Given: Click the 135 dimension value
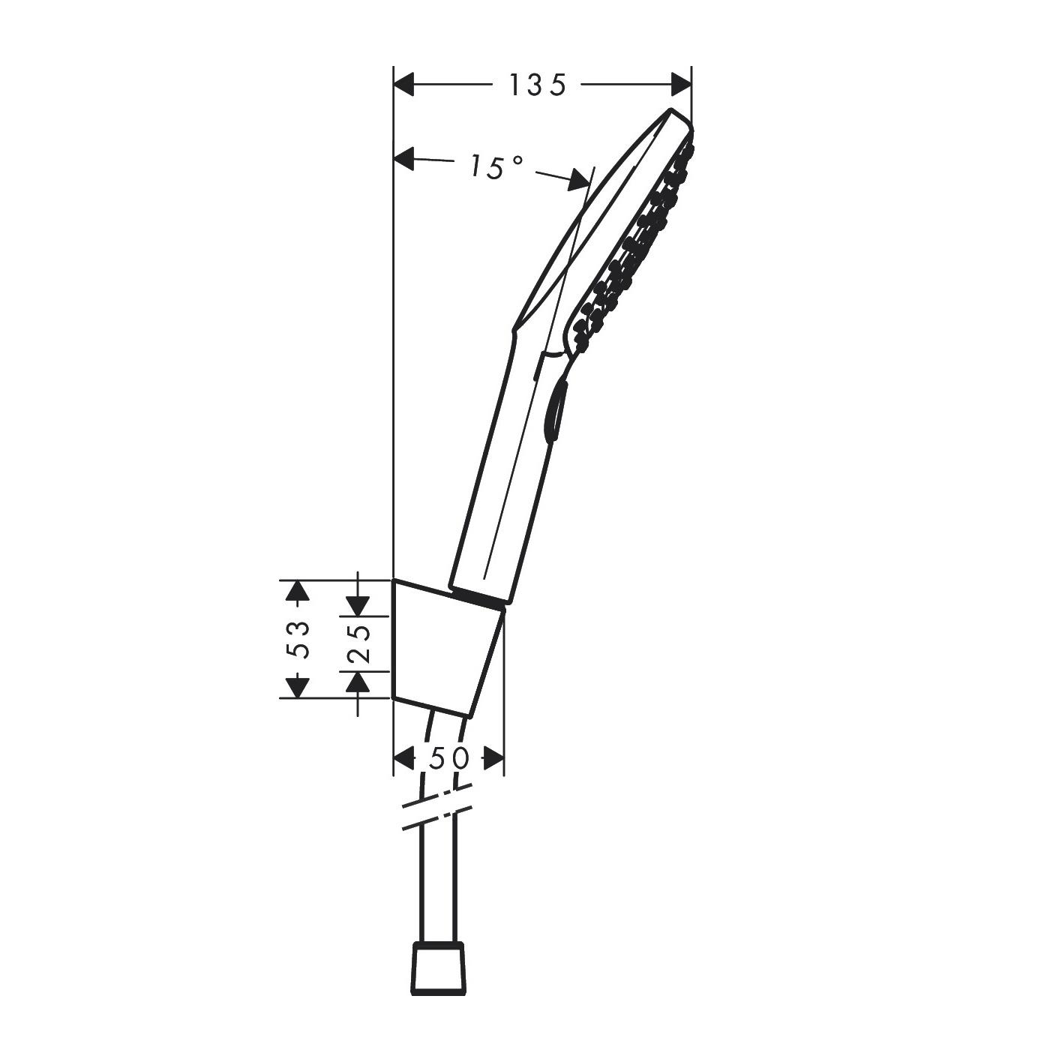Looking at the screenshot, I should tap(537, 85).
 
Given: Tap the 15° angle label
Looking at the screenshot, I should tap(496, 166).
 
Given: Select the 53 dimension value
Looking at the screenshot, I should tap(299, 639).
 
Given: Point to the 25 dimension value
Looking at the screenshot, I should tap(359, 642).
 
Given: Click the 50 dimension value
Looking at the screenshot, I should tap(448, 759).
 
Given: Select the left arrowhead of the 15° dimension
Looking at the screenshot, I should tap(404, 158).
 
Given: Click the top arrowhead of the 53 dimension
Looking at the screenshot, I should tap(298, 592).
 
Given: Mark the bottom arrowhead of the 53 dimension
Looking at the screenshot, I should tap(298, 686).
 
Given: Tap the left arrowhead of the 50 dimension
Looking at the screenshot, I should tap(404, 759).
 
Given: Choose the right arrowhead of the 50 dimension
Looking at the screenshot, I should tap(493, 759).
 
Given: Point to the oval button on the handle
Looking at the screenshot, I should tap(556, 409).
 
